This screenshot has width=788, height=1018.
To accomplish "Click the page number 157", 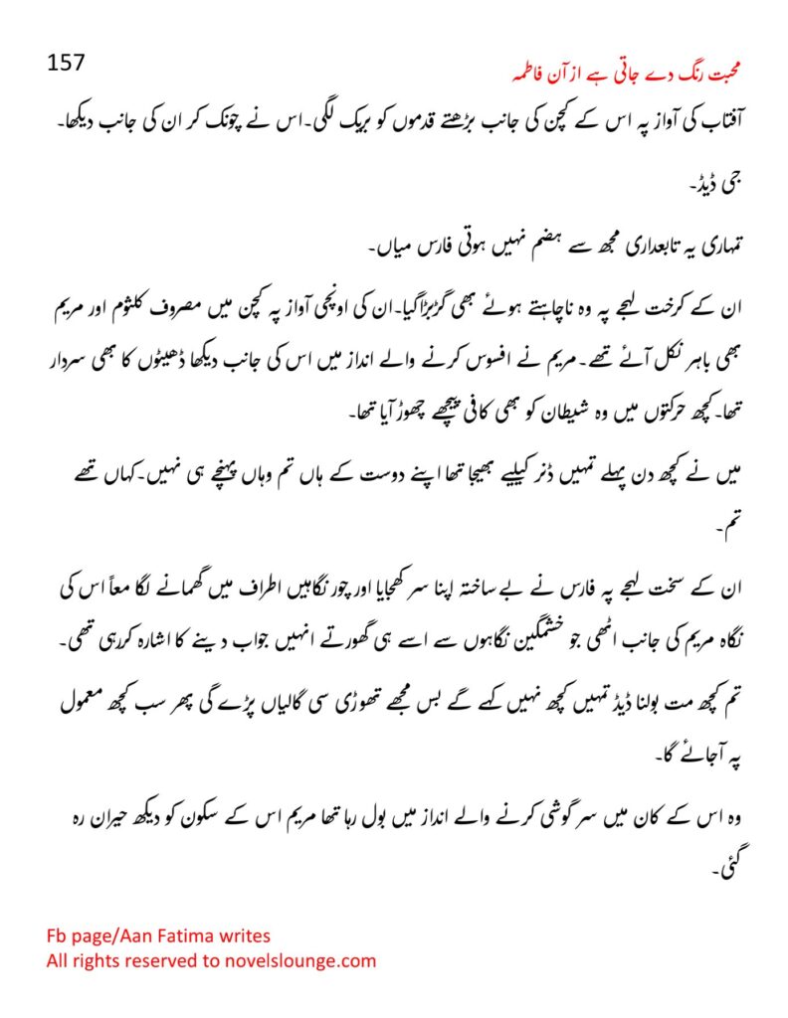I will (67, 63).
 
